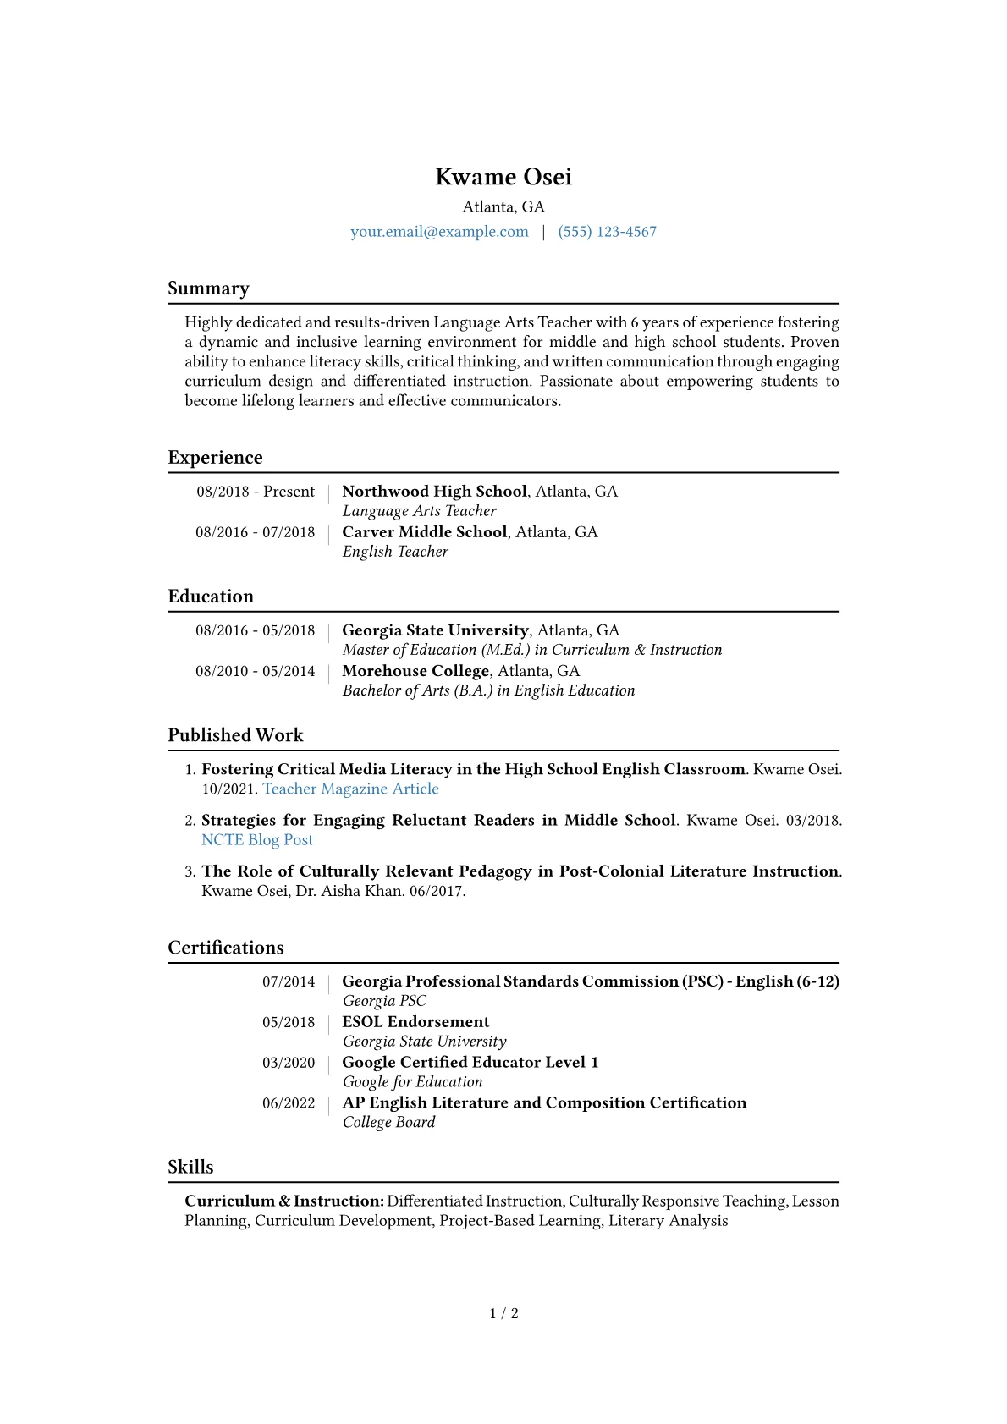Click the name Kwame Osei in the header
[503, 177]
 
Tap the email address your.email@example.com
[439, 232]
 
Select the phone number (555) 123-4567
[607, 232]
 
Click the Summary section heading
[208, 289]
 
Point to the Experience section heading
[215, 458]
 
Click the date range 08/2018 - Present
[256, 492]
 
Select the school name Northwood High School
[434, 492]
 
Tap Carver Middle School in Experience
[424, 532]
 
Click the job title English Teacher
[395, 552]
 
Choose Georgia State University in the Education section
[435, 630]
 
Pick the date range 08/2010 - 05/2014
[255, 671]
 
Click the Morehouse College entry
[415, 671]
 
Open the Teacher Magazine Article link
[350, 789]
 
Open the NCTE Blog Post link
[257, 840]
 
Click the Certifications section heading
[226, 948]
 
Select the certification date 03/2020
[289, 1063]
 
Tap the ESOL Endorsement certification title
[415, 1022]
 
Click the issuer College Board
[388, 1122]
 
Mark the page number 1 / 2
[503, 1313]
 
